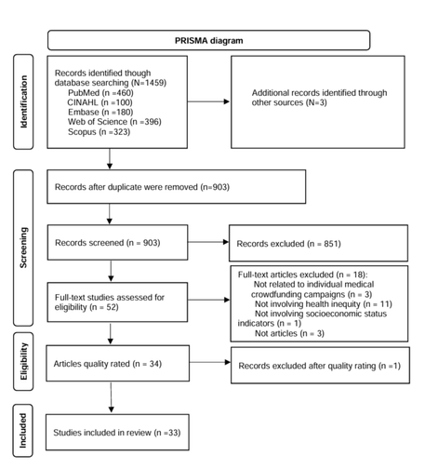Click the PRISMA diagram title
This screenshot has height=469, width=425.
(208, 41)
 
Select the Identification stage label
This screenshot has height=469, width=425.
(23, 101)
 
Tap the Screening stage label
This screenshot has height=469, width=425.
(23, 248)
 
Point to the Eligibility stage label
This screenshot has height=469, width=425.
(23, 361)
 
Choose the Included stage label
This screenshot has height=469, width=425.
(23, 431)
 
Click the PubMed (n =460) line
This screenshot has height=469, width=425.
(100, 93)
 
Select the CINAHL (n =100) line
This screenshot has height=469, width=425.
(100, 102)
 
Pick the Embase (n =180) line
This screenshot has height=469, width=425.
(100, 112)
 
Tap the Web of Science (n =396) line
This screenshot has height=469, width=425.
(114, 122)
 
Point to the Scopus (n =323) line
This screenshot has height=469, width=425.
(100, 132)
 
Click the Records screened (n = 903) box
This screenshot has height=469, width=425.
(117, 243)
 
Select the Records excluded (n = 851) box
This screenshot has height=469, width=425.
(318, 243)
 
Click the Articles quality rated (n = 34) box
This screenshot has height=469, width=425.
(118, 363)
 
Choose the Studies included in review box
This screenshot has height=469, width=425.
(117, 432)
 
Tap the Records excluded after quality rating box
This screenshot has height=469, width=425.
(320, 366)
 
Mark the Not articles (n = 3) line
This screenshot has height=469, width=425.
(289, 333)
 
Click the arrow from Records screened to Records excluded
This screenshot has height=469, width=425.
(208, 242)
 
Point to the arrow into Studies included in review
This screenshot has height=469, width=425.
(111, 397)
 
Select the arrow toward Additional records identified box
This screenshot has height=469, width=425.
(208, 101)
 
